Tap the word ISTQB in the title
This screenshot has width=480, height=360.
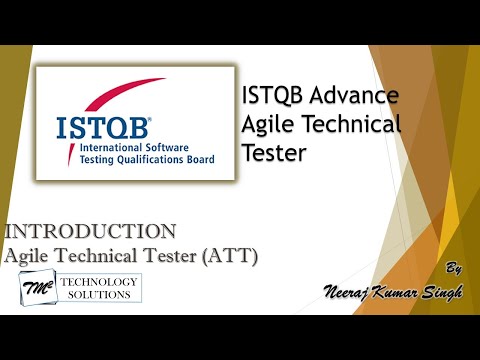tap(273, 97)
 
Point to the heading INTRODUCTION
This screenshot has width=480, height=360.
tap(91, 232)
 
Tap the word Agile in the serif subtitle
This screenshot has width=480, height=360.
tap(30, 256)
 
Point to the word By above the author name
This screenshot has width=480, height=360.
tap(453, 270)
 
